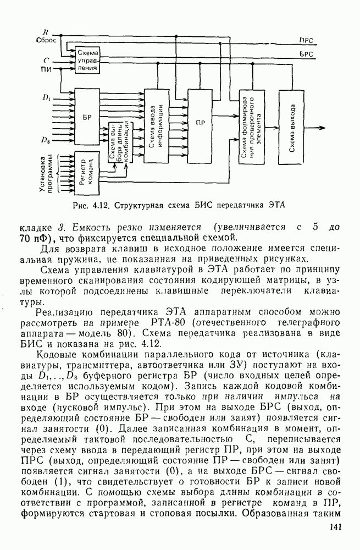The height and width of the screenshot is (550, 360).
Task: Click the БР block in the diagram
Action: coord(86,118)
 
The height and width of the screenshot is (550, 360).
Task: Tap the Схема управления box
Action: coord(88,61)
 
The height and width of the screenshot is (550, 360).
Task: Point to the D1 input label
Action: coord(46,98)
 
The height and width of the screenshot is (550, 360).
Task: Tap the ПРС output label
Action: coord(306,40)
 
